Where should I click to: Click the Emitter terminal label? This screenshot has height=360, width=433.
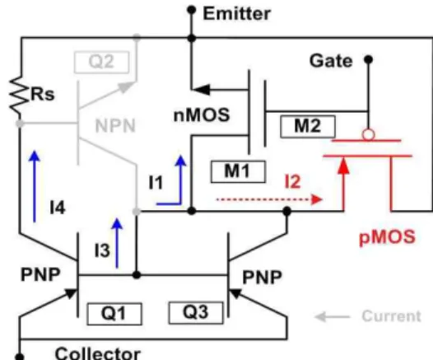click(x=236, y=13)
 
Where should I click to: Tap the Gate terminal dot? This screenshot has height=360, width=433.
click(x=368, y=59)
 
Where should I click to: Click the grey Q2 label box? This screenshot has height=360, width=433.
click(x=101, y=62)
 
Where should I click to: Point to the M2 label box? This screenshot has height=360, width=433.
click(x=308, y=127)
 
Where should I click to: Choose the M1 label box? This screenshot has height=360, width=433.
click(x=238, y=171)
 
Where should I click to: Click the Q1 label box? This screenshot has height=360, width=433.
click(x=114, y=314)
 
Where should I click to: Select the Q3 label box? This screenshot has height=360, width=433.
click(x=196, y=313)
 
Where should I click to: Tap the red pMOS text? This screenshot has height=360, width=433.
click(x=387, y=237)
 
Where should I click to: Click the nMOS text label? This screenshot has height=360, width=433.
click(x=202, y=115)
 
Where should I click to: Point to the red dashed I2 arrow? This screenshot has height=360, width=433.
click(x=269, y=199)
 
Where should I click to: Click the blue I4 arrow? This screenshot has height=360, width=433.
click(x=35, y=186)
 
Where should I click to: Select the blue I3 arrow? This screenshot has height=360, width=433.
click(x=117, y=243)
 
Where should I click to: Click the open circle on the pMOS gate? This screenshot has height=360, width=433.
click(x=369, y=135)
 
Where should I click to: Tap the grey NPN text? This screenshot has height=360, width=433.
click(x=115, y=126)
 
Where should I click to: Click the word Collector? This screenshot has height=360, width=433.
click(x=98, y=353)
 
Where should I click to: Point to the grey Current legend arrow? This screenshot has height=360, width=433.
click(x=333, y=316)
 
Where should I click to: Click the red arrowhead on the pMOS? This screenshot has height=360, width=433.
click(x=343, y=166)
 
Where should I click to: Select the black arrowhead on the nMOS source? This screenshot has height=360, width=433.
click(x=201, y=90)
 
